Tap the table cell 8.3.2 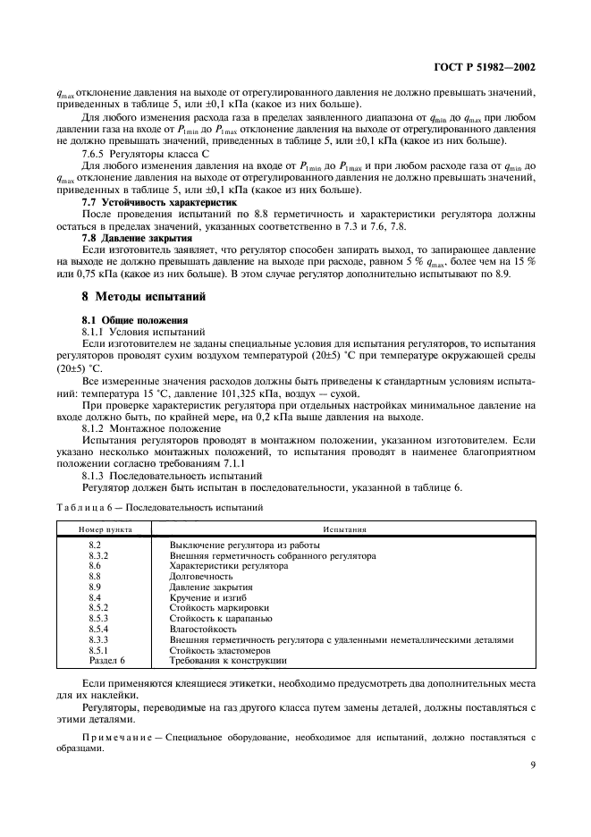[x=98, y=555]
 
